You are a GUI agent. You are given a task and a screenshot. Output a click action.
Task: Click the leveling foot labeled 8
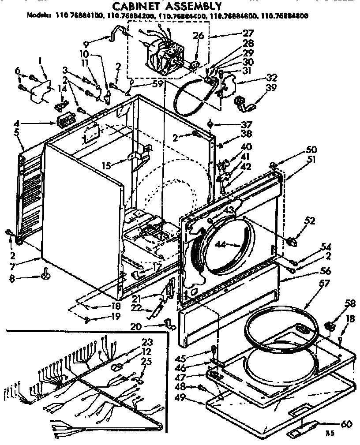tap(45, 276)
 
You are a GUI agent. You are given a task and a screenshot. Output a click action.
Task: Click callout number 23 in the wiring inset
tap(147, 342)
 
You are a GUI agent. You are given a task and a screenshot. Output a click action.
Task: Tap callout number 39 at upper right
tap(271, 88)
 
